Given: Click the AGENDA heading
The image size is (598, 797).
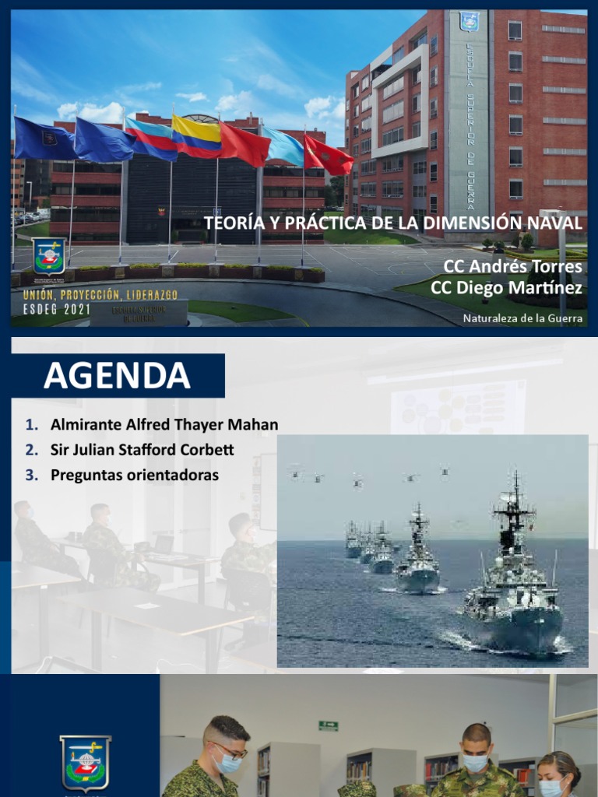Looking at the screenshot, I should [117, 375].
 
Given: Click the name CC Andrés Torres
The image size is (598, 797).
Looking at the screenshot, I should [512, 267].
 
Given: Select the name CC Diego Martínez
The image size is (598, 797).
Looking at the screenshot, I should [506, 288].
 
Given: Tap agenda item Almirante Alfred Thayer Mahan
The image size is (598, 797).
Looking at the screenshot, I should [164, 425].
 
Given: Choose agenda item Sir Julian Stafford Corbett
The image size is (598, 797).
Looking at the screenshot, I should [142, 450].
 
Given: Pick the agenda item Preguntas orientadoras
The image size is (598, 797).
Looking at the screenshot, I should [134, 474].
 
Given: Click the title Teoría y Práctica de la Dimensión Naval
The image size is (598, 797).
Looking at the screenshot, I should [392, 223].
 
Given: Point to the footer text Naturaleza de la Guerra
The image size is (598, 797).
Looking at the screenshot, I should [522, 318].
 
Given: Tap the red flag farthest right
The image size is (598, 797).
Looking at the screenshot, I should [329, 155].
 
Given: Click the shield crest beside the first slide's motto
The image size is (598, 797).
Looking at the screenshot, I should [48, 257].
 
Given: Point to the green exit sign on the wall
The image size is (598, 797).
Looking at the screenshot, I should [328, 725].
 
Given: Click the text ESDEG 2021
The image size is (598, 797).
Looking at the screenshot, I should [57, 309].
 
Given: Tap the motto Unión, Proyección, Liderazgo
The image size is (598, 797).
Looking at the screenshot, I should [100, 295].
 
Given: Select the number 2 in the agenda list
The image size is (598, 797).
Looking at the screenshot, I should [31, 450].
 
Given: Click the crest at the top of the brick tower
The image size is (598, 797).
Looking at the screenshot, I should [469, 21].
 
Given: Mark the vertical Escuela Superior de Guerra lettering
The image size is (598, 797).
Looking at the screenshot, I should [470, 125].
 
